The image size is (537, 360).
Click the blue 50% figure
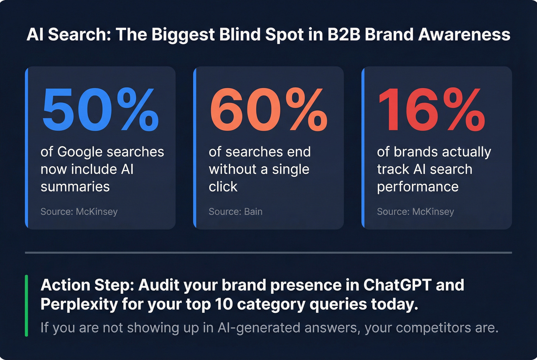pos(100,110)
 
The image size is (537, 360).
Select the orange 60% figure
pos(268,110)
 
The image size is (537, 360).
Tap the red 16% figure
pos(432,110)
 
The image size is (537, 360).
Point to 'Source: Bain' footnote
pos(236,212)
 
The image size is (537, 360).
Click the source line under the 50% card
pos(79,212)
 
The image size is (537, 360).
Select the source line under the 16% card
pos(415,212)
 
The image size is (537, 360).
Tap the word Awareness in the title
pos(464,35)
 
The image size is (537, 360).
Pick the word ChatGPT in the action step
pos(397,285)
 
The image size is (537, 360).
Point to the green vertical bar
pos(26,306)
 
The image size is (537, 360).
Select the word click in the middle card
pos(223,187)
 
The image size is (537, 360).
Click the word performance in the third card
pos(418,187)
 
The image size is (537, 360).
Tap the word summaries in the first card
pos(75,187)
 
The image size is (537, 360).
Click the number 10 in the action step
pos(224,304)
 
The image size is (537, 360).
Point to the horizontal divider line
pos(268,253)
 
